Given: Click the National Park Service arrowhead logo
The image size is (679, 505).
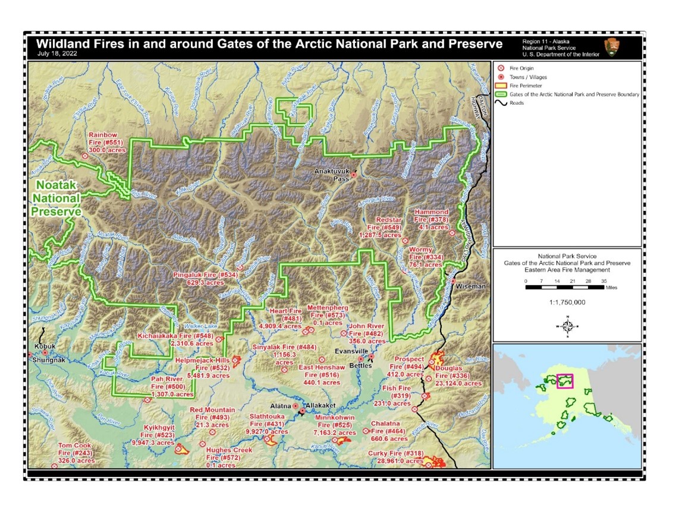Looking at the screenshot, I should pyautogui.click(x=610, y=47).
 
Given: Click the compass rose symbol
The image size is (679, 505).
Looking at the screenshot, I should pyautogui.click(x=567, y=326).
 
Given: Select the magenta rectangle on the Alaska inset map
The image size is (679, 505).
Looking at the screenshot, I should pyautogui.click(x=564, y=381).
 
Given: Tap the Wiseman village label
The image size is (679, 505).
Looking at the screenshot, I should pyautogui.click(x=470, y=286).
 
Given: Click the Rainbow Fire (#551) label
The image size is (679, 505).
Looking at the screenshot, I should pyautogui.click(x=106, y=143).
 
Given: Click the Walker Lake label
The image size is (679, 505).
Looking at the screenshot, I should pyautogui.click(x=198, y=326).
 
